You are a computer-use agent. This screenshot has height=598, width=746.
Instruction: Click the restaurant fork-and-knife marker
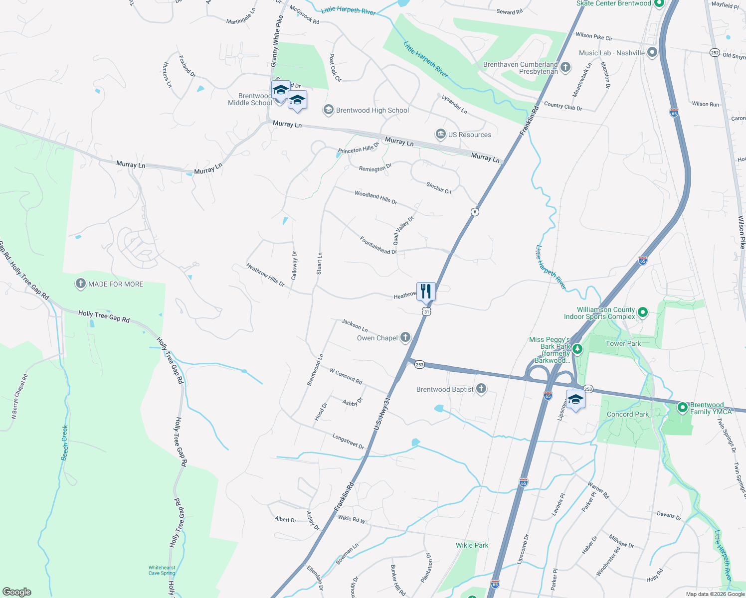click(x=426, y=291)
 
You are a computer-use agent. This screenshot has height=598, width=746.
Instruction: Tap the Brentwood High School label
click(x=372, y=110)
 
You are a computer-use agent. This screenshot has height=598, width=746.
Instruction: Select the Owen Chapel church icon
click(x=405, y=338)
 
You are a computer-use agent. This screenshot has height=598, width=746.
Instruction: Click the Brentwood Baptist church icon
click(x=481, y=389)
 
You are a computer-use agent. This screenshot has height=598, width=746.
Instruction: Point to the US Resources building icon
click(x=440, y=134)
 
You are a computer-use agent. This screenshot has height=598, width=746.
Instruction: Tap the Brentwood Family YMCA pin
click(x=683, y=407)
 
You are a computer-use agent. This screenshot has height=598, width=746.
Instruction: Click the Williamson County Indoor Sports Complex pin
click(x=643, y=312)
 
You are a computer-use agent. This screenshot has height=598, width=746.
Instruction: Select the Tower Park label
click(x=623, y=343)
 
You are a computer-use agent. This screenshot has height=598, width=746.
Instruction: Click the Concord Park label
click(x=628, y=414)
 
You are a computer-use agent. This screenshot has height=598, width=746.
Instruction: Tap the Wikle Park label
click(x=472, y=545)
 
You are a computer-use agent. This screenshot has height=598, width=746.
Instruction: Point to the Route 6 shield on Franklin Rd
click(x=475, y=212)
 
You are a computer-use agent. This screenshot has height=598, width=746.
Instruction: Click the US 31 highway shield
click(x=426, y=311)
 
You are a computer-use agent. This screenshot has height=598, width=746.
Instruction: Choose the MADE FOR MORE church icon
click(x=80, y=284)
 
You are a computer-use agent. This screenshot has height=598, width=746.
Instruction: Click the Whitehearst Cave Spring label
click(x=162, y=570)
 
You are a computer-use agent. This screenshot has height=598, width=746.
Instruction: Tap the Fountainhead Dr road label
click(x=378, y=245)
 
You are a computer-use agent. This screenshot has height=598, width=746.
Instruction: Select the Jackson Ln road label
click(x=355, y=325)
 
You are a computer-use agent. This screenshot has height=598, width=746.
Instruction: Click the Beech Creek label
click(x=64, y=443)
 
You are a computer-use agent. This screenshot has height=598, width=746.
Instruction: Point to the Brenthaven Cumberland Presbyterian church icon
click(x=565, y=67)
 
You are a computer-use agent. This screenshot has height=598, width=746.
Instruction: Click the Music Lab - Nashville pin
click(x=652, y=53)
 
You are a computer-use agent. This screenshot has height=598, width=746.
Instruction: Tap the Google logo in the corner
click(x=17, y=592)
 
